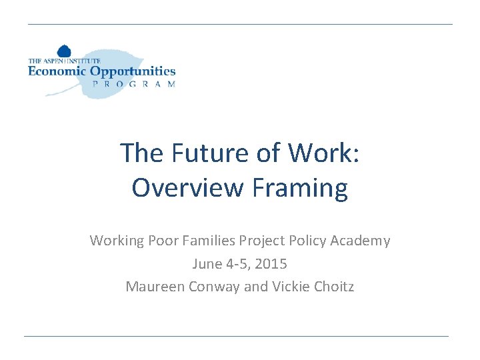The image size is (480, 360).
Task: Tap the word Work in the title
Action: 323,153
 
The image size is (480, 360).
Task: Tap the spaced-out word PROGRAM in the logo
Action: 133,85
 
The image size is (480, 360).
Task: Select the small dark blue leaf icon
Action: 64,51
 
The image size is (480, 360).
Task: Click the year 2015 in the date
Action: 271,264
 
